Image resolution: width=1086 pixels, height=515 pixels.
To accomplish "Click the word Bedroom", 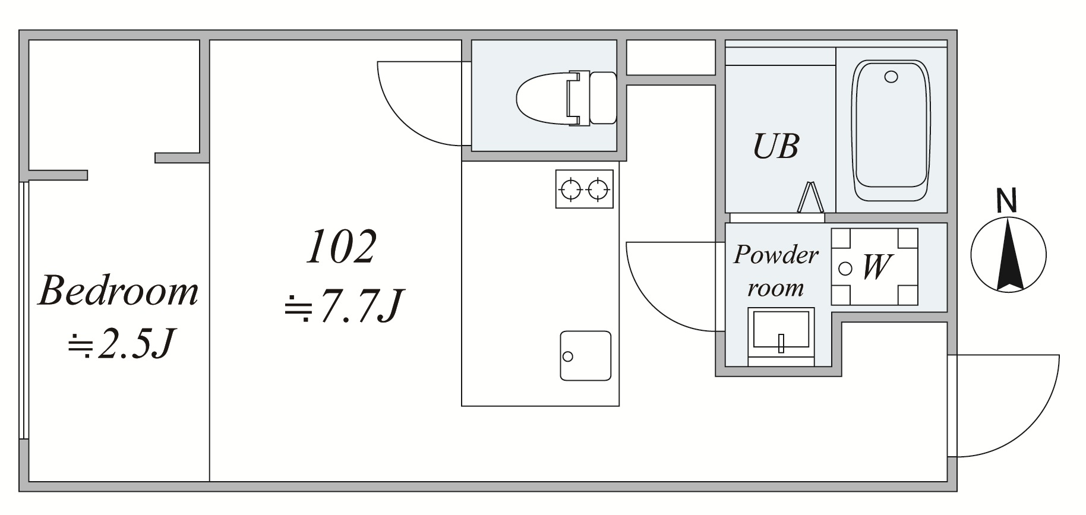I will pos(118,291).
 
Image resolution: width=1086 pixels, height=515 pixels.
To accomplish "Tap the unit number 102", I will pos(342,247).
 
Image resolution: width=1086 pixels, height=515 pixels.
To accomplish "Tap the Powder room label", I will pos(776,271).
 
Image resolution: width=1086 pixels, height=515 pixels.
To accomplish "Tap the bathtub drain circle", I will pos(891,77).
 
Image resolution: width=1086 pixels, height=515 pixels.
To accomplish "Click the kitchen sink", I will pos(585,355).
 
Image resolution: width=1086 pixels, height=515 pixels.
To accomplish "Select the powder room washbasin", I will pos(781,331).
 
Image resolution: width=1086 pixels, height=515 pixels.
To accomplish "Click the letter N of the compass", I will pos(1006,201).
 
